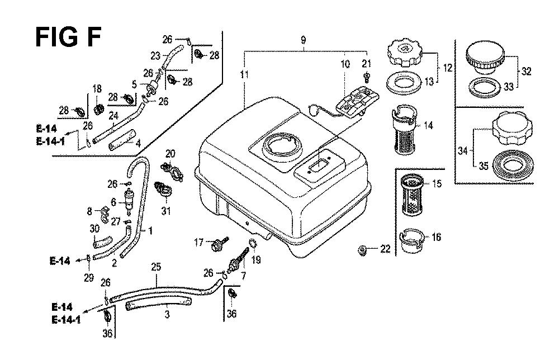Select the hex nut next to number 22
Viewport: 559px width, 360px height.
point(362,249)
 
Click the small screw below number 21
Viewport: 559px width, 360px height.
point(367,75)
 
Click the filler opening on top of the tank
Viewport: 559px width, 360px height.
point(279,144)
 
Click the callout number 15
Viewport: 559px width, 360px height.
point(437,183)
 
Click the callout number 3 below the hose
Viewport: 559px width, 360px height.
point(167,314)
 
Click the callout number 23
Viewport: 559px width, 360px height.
point(155,55)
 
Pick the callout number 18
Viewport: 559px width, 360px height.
point(97,89)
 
